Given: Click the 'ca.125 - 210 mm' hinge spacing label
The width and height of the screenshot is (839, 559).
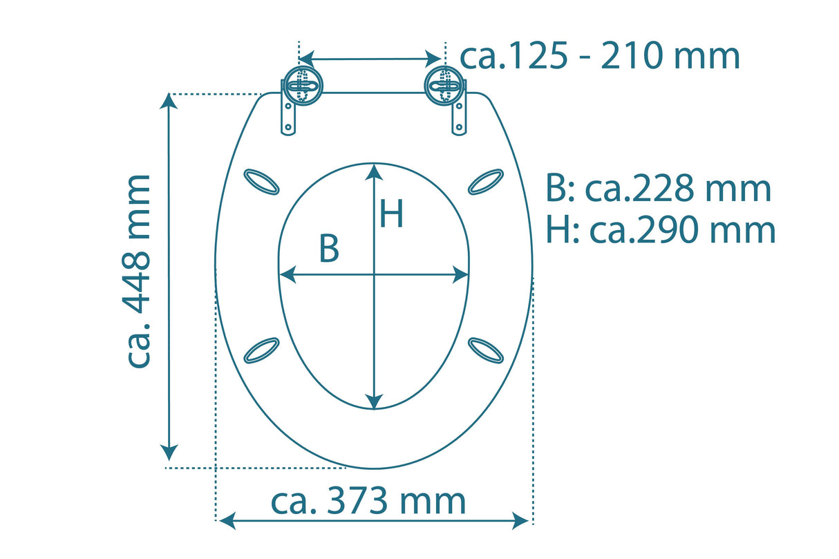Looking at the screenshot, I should coord(600,57).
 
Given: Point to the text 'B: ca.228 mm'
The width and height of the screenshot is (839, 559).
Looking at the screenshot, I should coord(658,188).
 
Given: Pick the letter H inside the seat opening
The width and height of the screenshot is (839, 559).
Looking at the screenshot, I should coord(391,214).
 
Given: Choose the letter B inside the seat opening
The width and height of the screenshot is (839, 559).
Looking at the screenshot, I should coord(329,249).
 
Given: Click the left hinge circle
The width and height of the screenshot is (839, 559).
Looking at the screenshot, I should coord(301,86).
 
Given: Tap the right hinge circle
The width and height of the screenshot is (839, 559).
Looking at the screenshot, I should coord(443,86).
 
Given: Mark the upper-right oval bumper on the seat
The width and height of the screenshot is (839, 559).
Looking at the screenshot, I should coord(486,182).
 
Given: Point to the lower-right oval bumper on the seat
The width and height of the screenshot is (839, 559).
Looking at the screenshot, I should coord(486,350).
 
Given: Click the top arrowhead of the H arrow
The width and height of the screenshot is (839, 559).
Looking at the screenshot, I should coord(374,169).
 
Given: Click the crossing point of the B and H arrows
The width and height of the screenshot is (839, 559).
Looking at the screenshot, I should coord(374,275).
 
